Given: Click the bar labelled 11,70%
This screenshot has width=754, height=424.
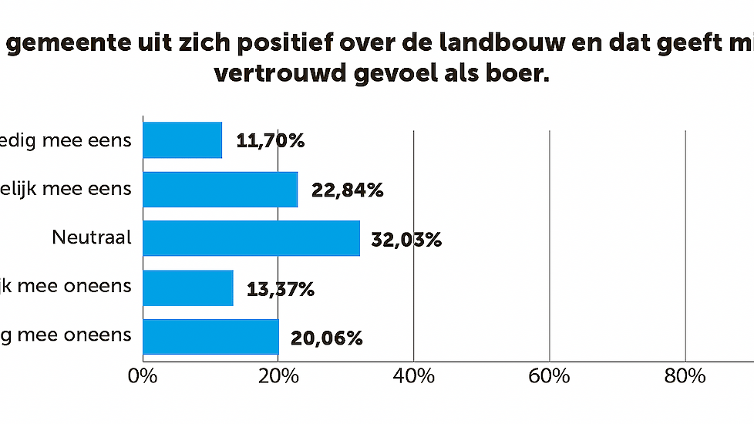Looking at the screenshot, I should pyautogui.click(x=183, y=140).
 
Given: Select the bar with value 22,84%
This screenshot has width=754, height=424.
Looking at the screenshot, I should pyautogui.click(x=220, y=190).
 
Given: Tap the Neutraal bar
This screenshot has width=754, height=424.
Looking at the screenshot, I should pyautogui.click(x=251, y=238).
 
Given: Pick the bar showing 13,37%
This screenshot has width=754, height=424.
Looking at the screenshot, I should pyautogui.click(x=188, y=288).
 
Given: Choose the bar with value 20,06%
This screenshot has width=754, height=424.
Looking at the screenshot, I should pyautogui.click(x=210, y=337).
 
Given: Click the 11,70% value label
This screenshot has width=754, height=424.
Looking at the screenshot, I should pyautogui.click(x=271, y=141).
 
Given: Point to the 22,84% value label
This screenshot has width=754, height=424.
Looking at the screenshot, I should pyautogui.click(x=348, y=190).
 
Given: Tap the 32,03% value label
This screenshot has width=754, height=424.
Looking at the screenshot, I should pyautogui.click(x=406, y=240).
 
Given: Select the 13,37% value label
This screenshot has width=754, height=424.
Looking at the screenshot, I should pyautogui.click(x=281, y=289).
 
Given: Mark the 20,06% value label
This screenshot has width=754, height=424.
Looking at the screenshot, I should pyautogui.click(x=326, y=338).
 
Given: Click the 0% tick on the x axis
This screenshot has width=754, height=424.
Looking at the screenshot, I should pyautogui.click(x=143, y=377).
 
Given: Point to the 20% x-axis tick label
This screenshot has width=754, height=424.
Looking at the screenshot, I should pyautogui.click(x=278, y=377).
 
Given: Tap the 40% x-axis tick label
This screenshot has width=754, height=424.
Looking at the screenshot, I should pyautogui.click(x=414, y=377).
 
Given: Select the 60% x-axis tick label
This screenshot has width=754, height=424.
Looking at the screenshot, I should pyautogui.click(x=549, y=377).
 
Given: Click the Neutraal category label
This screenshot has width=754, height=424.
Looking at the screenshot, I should pyautogui.click(x=92, y=237).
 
